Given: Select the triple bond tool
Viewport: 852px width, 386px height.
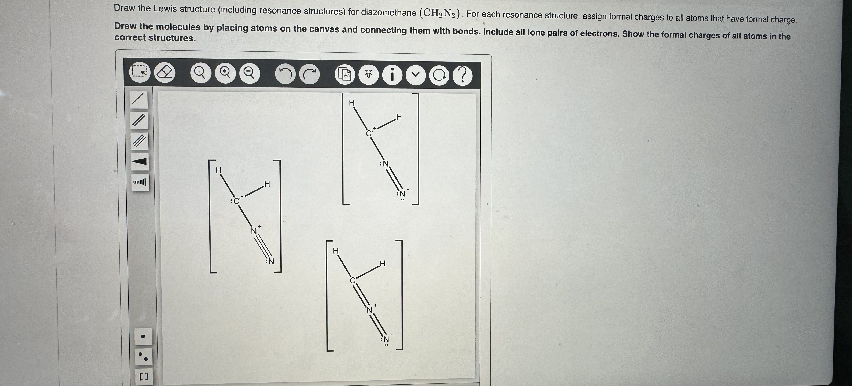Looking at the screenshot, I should pos(139,141).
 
